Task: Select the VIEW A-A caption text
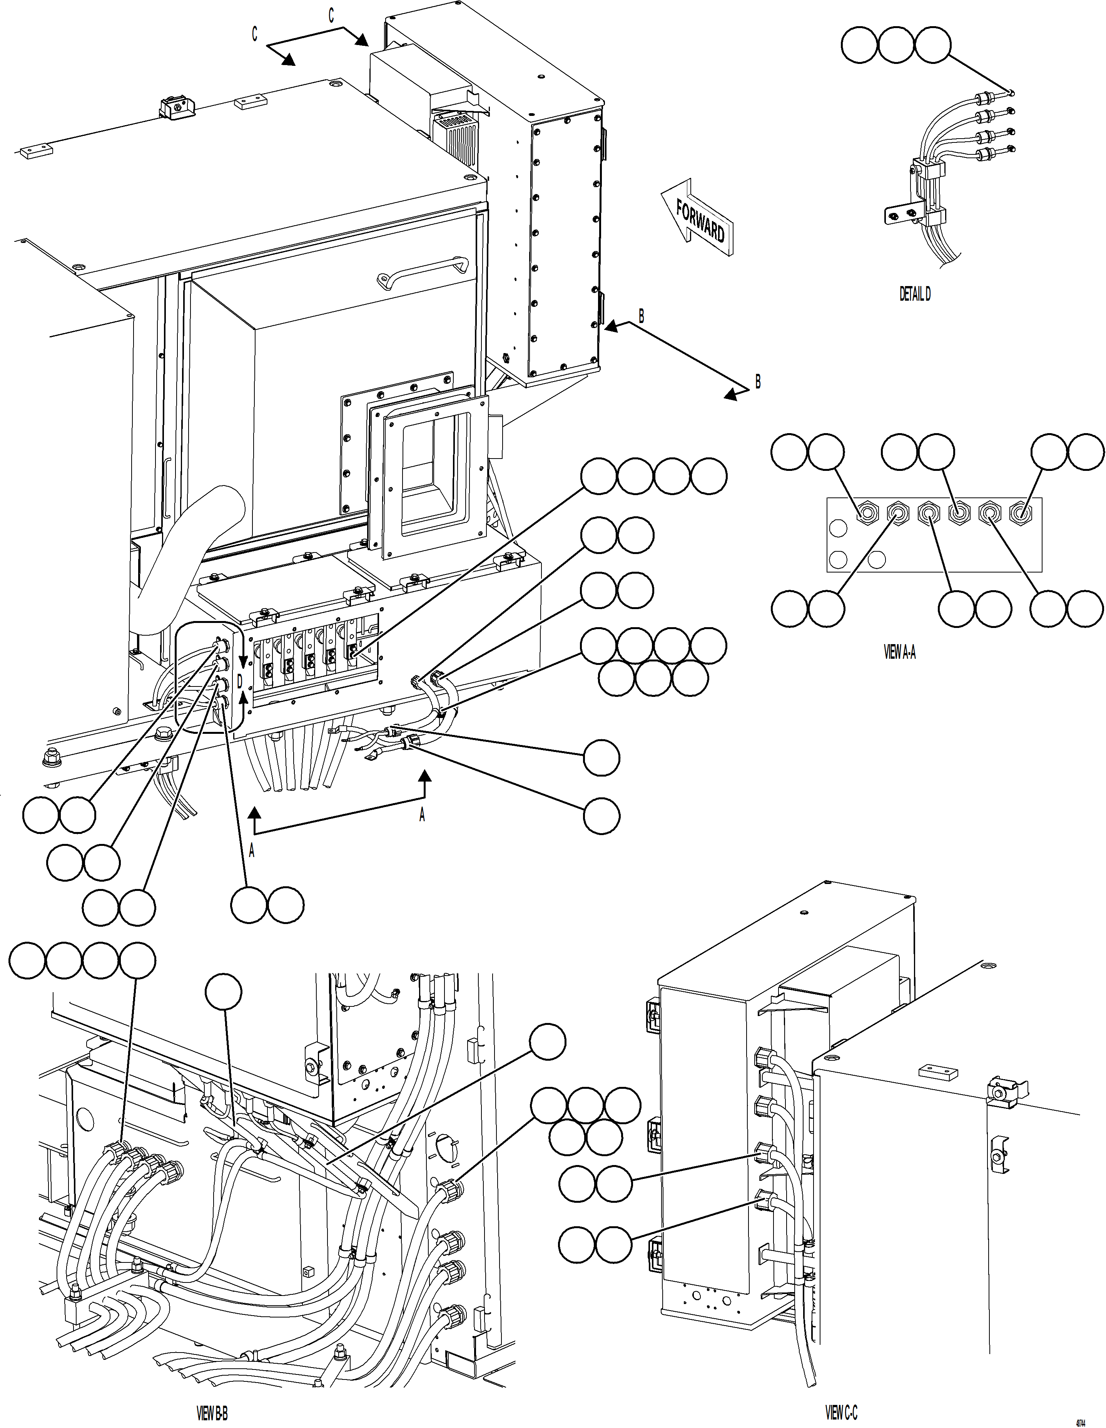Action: click(899, 653)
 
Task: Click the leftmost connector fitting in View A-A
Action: click(867, 513)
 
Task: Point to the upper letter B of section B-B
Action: click(641, 316)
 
